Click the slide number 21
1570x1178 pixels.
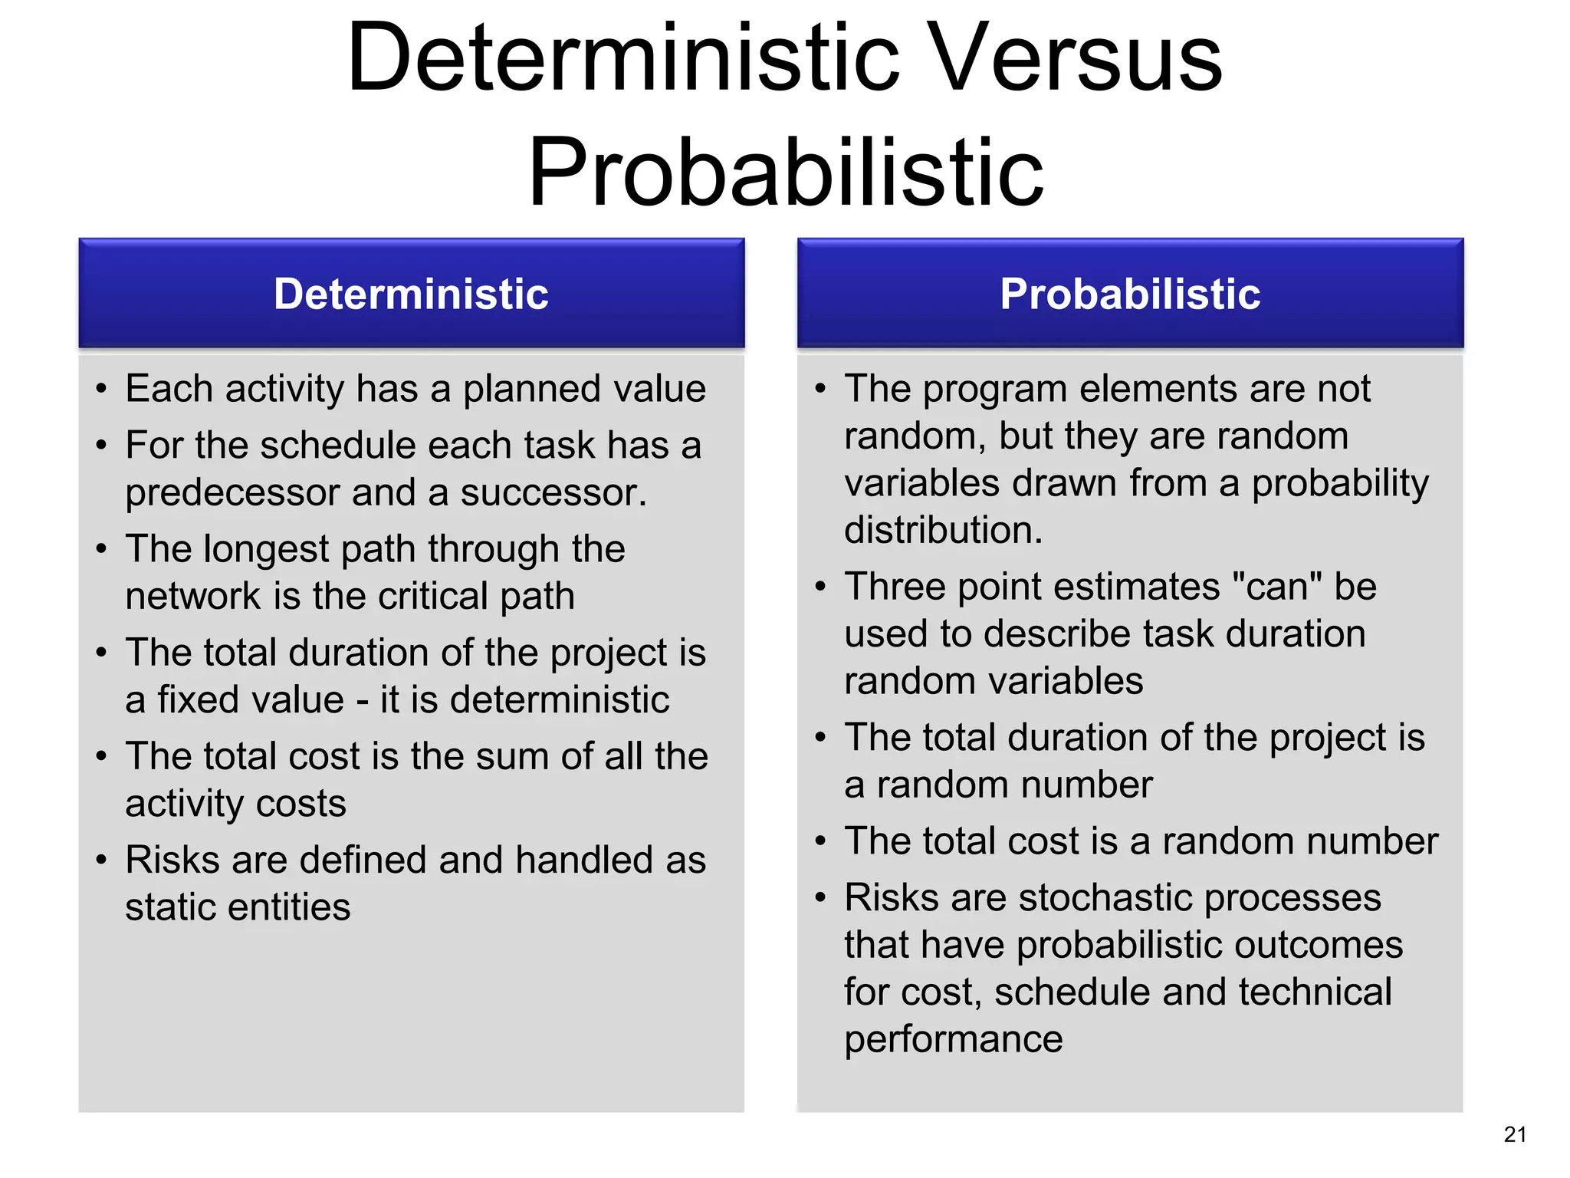pyautogui.click(x=1515, y=1134)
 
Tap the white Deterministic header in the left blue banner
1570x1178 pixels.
pyautogui.click(x=411, y=294)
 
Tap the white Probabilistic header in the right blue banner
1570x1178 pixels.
pyautogui.click(x=1130, y=294)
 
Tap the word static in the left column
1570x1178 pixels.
pyautogui.click(x=168, y=907)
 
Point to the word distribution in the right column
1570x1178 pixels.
pyautogui.click(x=942, y=531)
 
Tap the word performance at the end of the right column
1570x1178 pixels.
pyautogui.click(x=953, y=1040)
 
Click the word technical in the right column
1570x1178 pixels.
pyautogui.click(x=1315, y=992)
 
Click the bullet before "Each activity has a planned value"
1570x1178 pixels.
pyautogui.click(x=101, y=389)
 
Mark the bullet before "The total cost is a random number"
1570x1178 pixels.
pyautogui.click(x=820, y=841)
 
